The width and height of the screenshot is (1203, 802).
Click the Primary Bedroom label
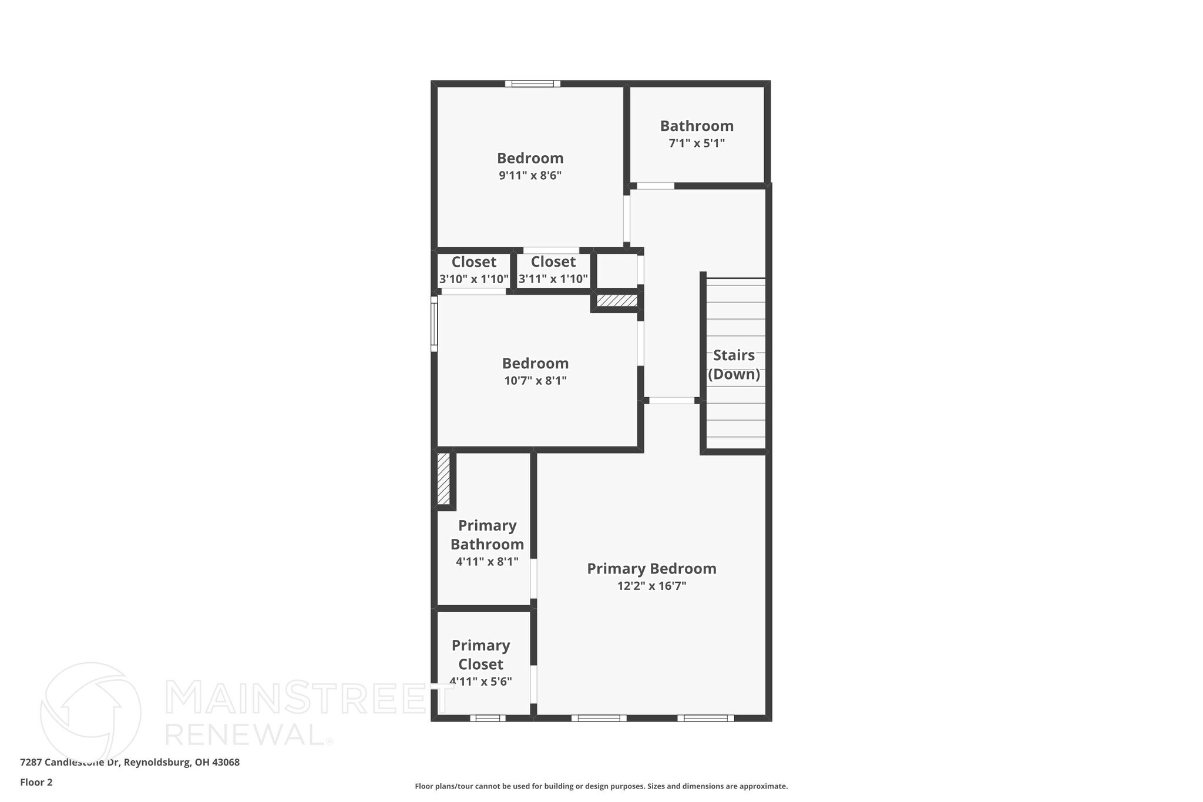651,569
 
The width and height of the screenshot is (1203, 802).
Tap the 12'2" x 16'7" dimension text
651,586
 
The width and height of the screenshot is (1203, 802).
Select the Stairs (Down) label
734,365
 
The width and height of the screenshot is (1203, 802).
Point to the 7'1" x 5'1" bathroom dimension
697,143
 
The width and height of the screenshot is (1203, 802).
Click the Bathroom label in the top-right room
697,126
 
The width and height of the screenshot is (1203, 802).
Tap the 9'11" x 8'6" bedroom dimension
530,176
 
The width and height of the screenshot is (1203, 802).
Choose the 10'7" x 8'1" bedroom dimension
535,381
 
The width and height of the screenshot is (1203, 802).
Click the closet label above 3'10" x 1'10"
473,262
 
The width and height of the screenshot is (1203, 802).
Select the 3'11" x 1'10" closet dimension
553,279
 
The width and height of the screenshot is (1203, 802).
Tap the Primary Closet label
480,655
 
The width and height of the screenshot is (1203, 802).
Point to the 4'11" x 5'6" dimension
480,682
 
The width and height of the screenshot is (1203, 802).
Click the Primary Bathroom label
487,535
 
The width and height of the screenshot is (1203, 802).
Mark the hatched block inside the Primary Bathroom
443,478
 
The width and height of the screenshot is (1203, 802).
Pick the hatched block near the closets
617,300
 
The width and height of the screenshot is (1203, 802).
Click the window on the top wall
532,83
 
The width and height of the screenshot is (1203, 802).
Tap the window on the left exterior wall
434,324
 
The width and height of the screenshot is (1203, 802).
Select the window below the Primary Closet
488,718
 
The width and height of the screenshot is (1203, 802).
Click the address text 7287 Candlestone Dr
70,763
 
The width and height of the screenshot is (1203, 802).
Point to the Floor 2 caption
36,782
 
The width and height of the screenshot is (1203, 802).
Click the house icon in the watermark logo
90,711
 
